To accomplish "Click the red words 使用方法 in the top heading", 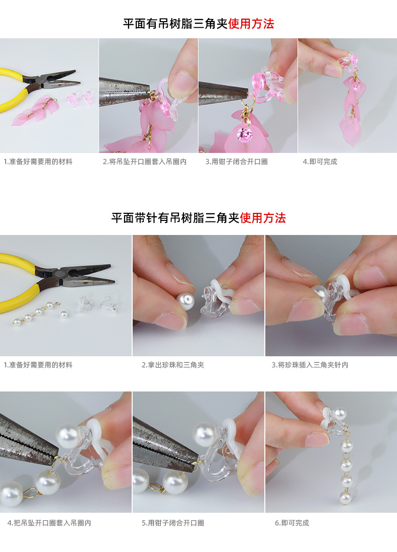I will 251,24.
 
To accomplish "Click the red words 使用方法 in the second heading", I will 262,218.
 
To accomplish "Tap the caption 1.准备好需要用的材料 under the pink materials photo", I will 38,162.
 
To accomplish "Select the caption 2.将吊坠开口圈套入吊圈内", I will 145,162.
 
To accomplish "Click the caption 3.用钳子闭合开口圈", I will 236,162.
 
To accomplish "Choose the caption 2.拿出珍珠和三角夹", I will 173,365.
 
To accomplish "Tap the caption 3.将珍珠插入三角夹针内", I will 310,365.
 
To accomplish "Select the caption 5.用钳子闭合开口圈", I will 173,523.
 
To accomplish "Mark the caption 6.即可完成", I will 291,523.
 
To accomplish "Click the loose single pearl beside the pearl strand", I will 64,314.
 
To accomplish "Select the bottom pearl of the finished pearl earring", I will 345,498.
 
